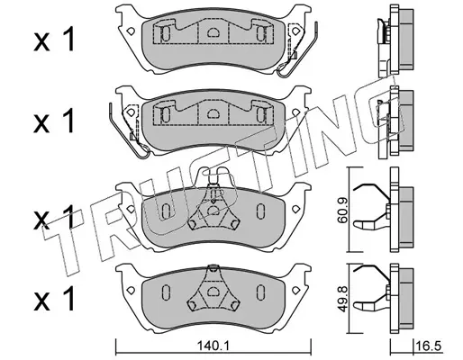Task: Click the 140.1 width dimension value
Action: (213, 346)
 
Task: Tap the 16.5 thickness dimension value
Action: (429, 346)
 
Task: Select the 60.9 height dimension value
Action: (341, 211)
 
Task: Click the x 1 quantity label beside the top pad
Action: (54, 40)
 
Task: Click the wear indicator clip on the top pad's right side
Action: (297, 49)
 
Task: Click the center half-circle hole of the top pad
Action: (213, 32)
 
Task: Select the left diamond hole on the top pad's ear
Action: (131, 31)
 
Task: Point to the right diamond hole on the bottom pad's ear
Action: (296, 291)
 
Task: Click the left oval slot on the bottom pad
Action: (166, 291)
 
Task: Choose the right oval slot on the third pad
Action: (260, 211)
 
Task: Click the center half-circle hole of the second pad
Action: (213, 113)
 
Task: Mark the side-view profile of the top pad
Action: (395, 40)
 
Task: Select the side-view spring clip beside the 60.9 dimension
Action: (372, 207)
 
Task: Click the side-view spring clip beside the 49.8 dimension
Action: (372, 290)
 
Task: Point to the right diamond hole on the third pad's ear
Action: (296, 209)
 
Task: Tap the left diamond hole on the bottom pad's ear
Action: (131, 291)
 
